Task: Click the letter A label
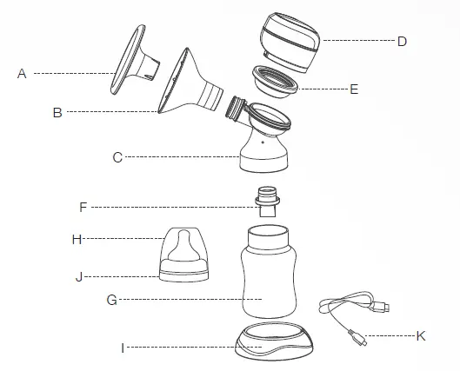click(22, 75)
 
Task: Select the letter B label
click(57, 112)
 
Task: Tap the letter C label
click(117, 157)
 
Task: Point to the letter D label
click(402, 41)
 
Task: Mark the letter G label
click(110, 300)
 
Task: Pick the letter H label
click(77, 236)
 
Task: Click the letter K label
click(421, 335)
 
